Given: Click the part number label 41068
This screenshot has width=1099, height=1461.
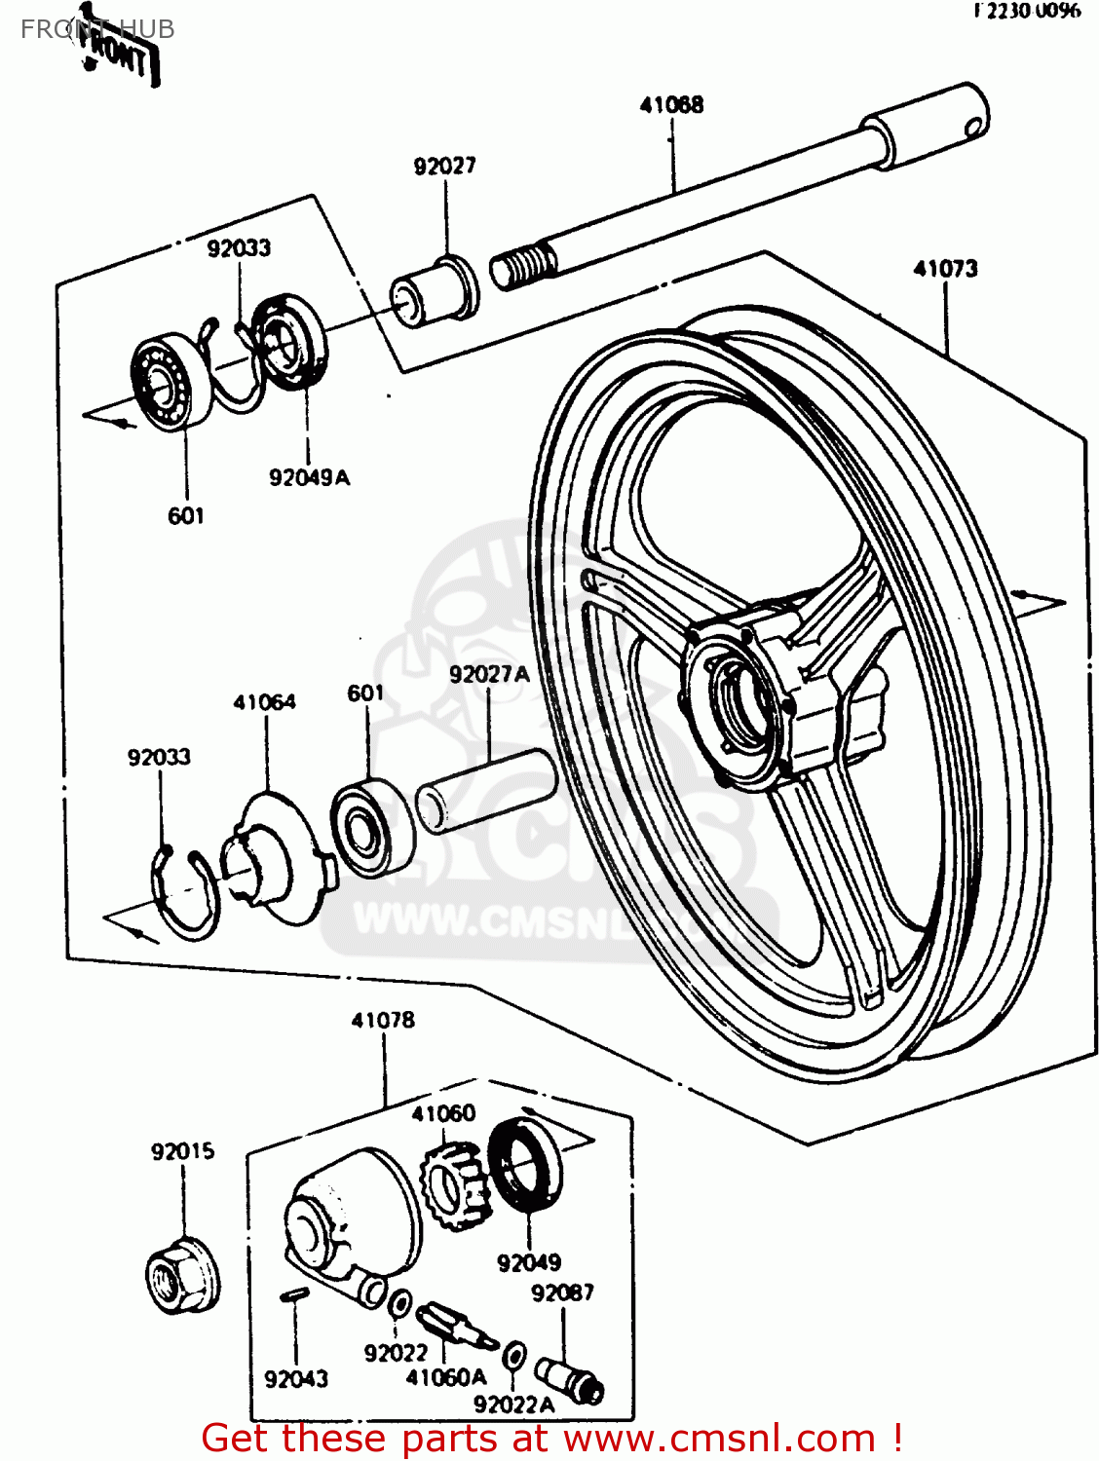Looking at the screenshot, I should point(671,105).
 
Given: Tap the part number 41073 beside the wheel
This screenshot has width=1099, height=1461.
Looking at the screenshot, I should point(945,269).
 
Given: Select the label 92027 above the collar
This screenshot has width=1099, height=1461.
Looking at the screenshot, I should point(445,167).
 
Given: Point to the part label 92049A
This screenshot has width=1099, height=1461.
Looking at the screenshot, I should point(309,477).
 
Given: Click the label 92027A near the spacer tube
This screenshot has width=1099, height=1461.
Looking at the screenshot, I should point(489,674).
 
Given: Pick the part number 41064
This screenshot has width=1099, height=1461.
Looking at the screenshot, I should point(264,702).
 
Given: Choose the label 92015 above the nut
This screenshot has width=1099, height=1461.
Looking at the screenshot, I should point(182,1151).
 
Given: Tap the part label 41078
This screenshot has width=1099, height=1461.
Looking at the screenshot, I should point(383,1020).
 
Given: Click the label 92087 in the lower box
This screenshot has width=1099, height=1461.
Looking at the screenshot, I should point(562,1292).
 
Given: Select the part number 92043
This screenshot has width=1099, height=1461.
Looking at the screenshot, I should point(296,1378).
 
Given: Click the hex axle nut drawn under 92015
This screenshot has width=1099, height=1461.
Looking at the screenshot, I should point(182,1274).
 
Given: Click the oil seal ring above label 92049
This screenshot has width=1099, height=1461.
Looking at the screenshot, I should point(525,1165).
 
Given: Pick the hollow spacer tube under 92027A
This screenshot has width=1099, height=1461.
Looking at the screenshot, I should point(485,790).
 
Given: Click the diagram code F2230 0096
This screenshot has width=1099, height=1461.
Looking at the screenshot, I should point(1027,11).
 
